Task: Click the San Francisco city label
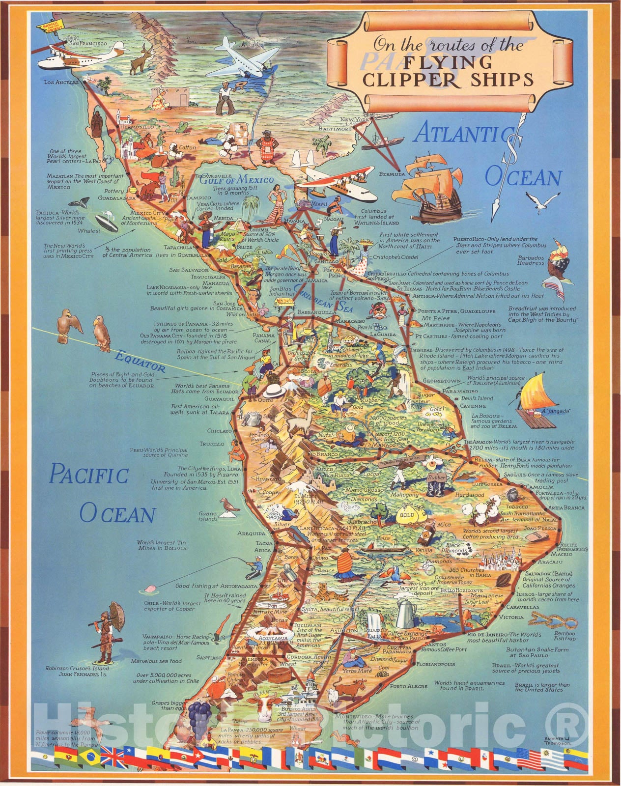tap(88, 44)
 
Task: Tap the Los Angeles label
tap(61, 83)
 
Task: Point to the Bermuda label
tap(392, 174)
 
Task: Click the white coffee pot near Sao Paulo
tap(406, 611)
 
